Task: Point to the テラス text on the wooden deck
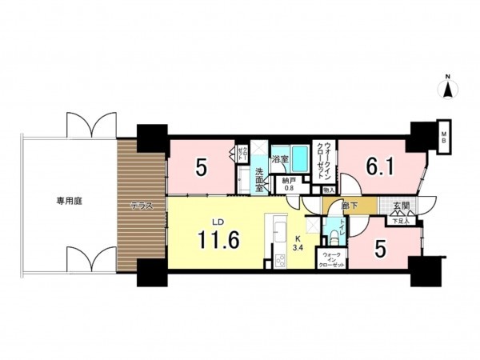142,206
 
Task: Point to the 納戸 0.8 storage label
288,185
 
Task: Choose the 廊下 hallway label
347,206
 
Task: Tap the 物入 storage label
328,190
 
